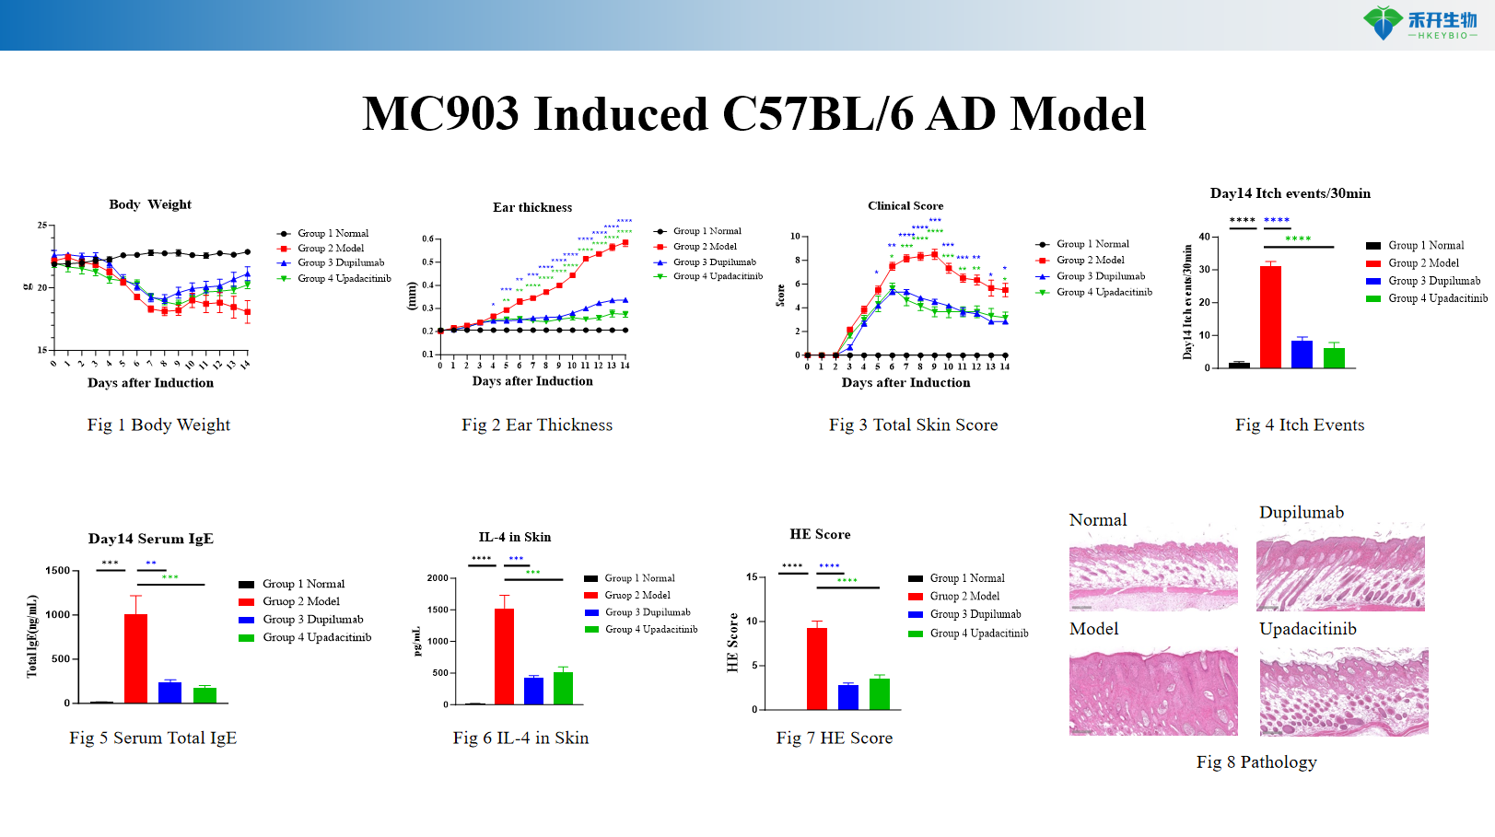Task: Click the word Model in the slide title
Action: [1078, 115]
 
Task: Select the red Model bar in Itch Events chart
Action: [1270, 317]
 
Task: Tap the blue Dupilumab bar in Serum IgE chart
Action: [169, 692]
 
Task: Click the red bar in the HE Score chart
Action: [817, 668]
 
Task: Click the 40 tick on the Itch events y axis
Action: [1204, 237]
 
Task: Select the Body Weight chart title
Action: [150, 204]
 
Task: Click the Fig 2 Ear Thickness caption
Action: [537, 424]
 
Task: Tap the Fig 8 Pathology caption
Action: [1256, 761]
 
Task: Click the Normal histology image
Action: [1153, 575]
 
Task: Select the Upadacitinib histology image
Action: [1343, 691]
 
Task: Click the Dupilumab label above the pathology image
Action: [1301, 513]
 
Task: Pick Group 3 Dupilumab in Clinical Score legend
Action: [1100, 276]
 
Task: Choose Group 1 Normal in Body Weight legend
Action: [333, 234]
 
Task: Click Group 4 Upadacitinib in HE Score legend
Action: [978, 634]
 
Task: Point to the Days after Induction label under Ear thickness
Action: [532, 381]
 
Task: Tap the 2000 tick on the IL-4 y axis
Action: [437, 578]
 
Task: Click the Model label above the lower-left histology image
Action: [1093, 629]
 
